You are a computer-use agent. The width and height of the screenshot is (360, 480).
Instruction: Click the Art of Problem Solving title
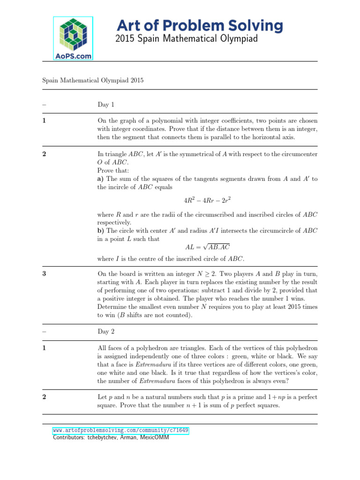click(x=199, y=26)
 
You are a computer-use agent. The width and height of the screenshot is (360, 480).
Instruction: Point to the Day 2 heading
click(x=105, y=331)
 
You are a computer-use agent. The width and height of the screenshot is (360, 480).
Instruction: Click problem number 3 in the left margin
click(x=44, y=274)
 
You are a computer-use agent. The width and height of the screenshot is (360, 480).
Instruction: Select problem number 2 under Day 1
click(x=44, y=153)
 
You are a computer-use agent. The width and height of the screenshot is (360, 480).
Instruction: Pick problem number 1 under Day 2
click(x=44, y=348)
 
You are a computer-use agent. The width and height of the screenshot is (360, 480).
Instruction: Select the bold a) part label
click(x=100, y=179)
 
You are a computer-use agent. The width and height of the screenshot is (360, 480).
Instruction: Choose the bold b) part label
click(x=100, y=230)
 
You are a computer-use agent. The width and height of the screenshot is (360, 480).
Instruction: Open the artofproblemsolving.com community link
click(x=120, y=430)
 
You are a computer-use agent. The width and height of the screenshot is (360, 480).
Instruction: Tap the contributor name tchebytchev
click(x=100, y=438)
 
